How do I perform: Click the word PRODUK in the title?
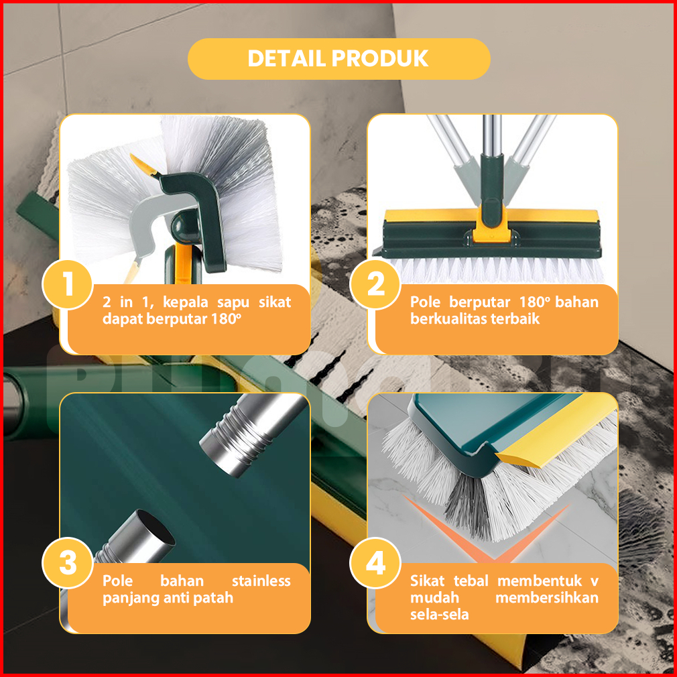point(380,58)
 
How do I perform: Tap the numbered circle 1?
point(68,284)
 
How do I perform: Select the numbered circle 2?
point(375,284)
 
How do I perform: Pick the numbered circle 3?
point(68,563)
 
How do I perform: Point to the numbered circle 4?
point(375,563)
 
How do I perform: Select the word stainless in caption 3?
point(261,580)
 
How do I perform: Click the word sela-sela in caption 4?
point(440,615)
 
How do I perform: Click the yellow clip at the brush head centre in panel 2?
point(492,227)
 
